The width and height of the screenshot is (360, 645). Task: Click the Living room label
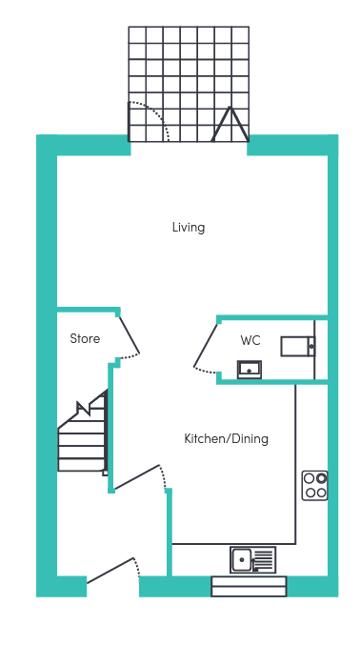click(x=189, y=228)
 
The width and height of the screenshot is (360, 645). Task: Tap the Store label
click(x=85, y=338)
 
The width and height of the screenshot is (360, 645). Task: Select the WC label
click(x=250, y=340)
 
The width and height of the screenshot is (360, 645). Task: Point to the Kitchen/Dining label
click(x=226, y=439)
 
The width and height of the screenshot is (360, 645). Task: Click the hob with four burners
click(x=314, y=485)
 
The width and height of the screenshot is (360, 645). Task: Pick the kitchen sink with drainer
click(x=253, y=559)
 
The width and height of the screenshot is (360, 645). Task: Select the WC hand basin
click(x=250, y=370)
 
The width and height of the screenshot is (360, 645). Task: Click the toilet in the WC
click(x=298, y=347)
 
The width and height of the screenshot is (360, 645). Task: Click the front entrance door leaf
click(x=110, y=570)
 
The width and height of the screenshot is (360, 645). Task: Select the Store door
click(x=130, y=334)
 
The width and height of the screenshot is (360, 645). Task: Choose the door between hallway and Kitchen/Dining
click(x=136, y=477)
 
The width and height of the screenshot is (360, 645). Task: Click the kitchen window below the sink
click(x=249, y=586)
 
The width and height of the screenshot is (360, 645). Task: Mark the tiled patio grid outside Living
click(x=189, y=84)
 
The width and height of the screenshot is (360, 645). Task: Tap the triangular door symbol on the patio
click(x=230, y=124)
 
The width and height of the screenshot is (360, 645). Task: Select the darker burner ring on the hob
click(x=322, y=478)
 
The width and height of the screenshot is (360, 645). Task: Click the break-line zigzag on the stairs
click(x=85, y=408)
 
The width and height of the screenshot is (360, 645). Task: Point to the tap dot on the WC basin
click(x=249, y=371)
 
